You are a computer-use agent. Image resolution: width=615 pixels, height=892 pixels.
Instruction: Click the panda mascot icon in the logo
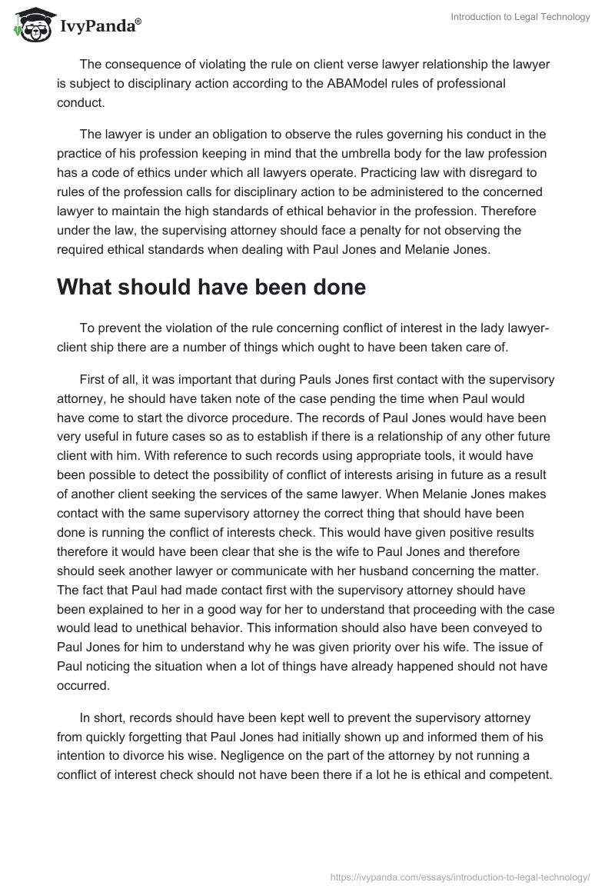pos(32,25)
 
